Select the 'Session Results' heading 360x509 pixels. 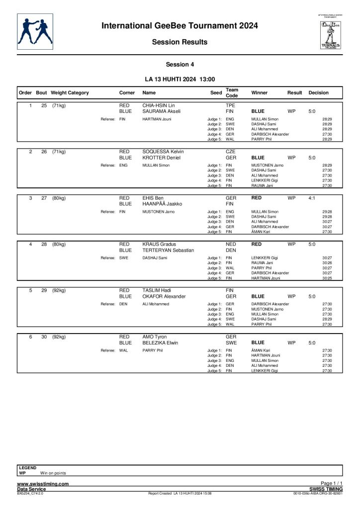pos(180,42)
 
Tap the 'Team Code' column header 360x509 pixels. pos(232,92)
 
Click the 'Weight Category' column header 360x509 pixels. pos(70,93)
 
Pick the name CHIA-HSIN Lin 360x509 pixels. pos(159,106)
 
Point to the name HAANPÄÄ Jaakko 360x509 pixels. pos(160,204)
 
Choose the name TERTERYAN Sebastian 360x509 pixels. pos(168,251)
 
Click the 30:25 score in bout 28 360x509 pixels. pos(327,278)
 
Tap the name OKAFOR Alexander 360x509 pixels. pos(164,297)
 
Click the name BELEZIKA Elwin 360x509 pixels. pos(160,343)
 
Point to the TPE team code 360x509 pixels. pos(230,106)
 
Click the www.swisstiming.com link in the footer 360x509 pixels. pos(43,484)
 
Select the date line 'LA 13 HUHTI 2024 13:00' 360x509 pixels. pos(180,79)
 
